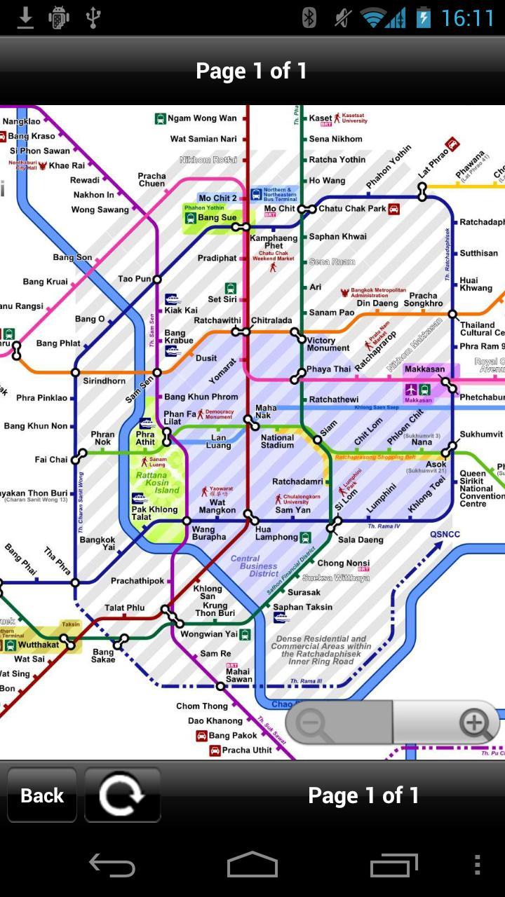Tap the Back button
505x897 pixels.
tap(42, 795)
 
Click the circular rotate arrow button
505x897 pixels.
tap(122, 795)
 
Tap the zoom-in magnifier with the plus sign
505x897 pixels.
tap(475, 723)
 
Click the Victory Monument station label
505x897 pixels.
tap(328, 344)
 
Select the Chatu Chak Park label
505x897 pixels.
tap(352, 209)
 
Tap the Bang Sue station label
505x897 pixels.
tap(217, 217)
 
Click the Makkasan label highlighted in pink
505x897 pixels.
tap(424, 369)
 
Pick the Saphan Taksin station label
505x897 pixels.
tap(302, 607)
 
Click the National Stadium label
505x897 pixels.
tap(277, 441)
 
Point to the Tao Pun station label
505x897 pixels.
tap(134, 279)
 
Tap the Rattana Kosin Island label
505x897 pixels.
tap(157, 483)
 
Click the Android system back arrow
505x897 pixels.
tap(112, 866)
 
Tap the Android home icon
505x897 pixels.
tap(252, 866)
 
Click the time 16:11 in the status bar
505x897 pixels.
tap(468, 18)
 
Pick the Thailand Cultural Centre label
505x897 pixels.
tap(482, 329)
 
